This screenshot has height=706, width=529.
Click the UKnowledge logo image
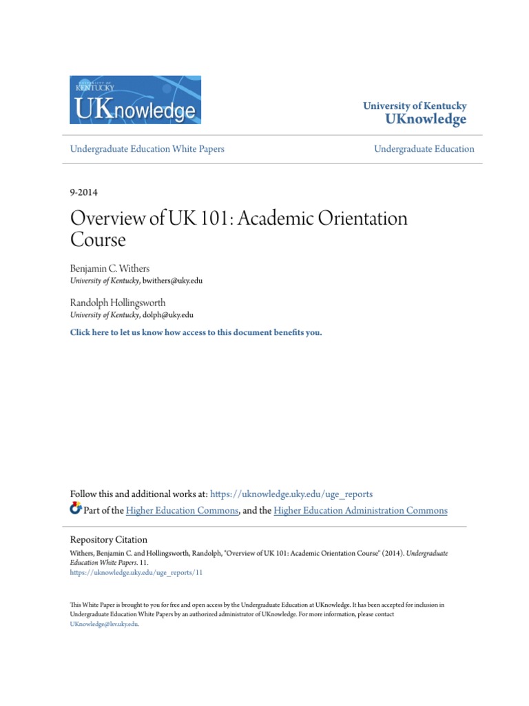[135, 100]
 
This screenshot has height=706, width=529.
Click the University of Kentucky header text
[415, 106]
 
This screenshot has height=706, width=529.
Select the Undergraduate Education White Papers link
[147, 149]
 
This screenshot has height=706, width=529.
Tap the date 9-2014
[84, 192]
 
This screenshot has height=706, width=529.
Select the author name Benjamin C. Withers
[110, 268]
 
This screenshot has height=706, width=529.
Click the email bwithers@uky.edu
[173, 281]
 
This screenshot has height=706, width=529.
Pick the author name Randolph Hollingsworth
[118, 302]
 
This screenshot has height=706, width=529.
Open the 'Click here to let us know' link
[196, 332]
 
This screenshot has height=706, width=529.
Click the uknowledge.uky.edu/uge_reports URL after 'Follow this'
[291, 494]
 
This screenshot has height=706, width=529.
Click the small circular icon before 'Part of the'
[76, 510]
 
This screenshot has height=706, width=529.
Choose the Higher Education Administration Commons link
[360, 511]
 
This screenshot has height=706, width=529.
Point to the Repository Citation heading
[109, 540]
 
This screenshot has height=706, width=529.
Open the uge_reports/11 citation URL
[137, 572]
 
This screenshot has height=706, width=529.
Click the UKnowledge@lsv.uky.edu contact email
[104, 624]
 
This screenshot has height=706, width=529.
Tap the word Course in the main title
[98, 241]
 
